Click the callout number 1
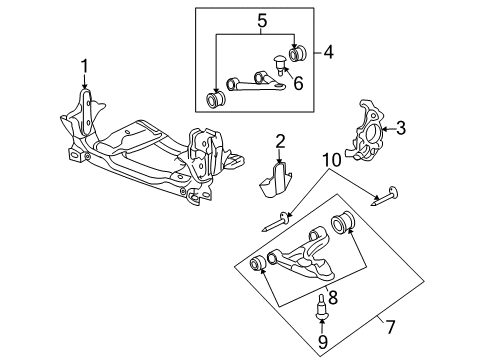click(x=85, y=67)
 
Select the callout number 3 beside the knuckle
click(x=401, y=127)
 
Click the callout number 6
click(x=297, y=84)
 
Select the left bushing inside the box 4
click(x=214, y=101)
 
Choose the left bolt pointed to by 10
click(x=275, y=220)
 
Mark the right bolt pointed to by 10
click(x=388, y=196)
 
